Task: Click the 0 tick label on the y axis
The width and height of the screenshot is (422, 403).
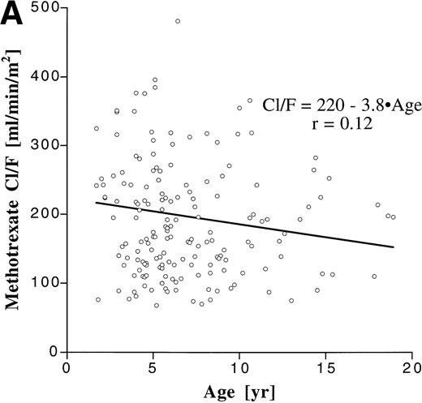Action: click(x=53, y=351)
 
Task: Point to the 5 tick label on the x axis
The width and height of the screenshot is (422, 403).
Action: click(x=153, y=367)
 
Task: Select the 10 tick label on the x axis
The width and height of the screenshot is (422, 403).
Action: click(x=239, y=367)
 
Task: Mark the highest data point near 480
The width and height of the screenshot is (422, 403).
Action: click(x=178, y=21)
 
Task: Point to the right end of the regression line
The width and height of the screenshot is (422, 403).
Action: click(x=394, y=247)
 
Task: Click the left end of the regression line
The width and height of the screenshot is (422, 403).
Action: click(x=96, y=203)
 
